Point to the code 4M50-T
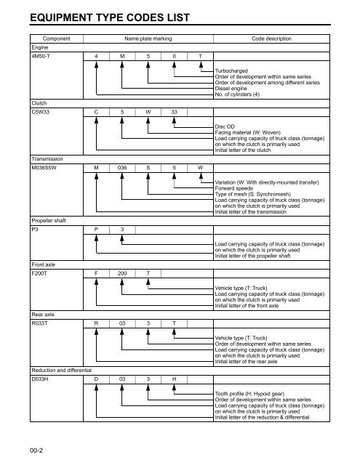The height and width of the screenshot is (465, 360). point(41,55)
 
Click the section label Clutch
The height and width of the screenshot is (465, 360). point(39,103)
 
